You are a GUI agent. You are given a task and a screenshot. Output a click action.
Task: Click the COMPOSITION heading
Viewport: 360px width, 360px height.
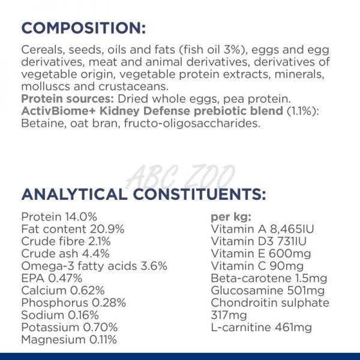tap(83, 28)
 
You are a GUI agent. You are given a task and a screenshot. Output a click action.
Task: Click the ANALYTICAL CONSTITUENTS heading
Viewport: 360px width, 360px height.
tap(142, 194)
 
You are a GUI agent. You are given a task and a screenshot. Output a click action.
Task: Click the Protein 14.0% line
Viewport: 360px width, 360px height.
tap(59, 217)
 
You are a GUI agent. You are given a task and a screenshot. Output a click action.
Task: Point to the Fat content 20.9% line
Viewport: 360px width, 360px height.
tap(73, 229)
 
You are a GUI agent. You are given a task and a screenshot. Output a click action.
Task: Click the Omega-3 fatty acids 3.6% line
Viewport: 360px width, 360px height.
tap(94, 266)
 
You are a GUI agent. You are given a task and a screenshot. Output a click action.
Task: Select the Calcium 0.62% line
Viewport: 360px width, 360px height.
tap(63, 290)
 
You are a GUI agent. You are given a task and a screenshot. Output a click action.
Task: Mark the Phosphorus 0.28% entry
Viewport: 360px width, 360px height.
tap(73, 302)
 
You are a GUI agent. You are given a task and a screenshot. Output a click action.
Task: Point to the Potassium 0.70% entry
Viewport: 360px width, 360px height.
tap(68, 328)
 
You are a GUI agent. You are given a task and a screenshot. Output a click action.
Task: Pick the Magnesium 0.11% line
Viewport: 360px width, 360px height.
tap(69, 340)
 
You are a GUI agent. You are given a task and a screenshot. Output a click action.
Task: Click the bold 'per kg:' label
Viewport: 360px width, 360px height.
tap(231, 217)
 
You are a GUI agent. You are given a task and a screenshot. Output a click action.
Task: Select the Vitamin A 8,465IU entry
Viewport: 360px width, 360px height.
tap(263, 229)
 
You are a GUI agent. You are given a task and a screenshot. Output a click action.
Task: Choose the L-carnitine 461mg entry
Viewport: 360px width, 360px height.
tap(262, 328)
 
